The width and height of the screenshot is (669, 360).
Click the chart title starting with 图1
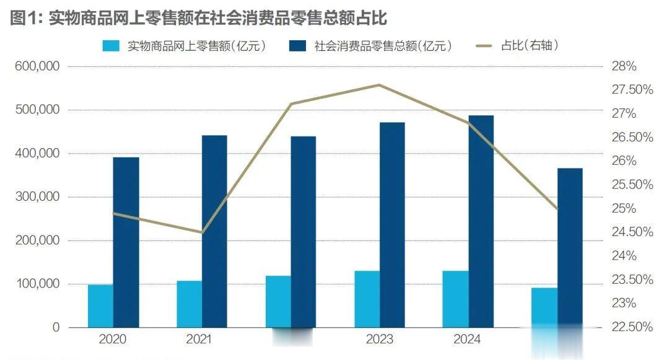pos(199,18)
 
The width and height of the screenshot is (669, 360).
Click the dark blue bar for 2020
pos(126,242)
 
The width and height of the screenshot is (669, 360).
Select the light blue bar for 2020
pos(100,305)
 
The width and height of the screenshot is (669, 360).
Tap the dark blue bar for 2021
pos(214,230)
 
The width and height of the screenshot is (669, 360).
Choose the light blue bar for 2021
pos(189,304)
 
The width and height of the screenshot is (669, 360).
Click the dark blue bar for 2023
pos(392,224)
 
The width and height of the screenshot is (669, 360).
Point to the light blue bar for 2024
pos(456,299)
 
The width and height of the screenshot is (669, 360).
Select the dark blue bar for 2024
pos(481,221)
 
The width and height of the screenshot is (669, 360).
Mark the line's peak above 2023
pos(379,86)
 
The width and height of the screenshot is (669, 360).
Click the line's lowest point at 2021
pos(201,232)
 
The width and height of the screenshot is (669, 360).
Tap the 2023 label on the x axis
pos(379,340)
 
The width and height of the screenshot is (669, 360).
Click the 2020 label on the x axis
pos(113,340)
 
